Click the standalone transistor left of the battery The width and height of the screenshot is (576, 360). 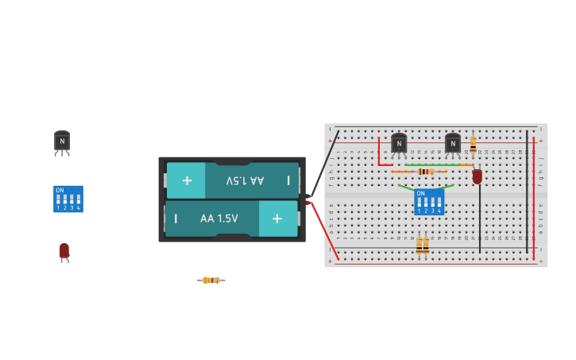click(62, 141)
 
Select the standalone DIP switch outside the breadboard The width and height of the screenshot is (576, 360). click(68, 199)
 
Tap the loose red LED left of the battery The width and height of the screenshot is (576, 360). click(64, 251)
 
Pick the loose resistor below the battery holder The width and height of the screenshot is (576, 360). click(211, 280)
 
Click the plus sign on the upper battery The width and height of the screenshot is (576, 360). click(187, 180)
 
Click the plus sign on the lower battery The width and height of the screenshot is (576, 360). click(276, 219)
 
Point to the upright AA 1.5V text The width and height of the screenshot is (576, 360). click(218, 219)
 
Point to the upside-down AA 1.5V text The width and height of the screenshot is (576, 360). click(245, 180)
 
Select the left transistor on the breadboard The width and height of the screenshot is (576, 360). click(399, 143)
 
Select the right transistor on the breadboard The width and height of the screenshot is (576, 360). click(453, 143)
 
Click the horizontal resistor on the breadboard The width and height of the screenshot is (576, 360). click(425, 172)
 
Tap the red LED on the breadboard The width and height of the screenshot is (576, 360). click(477, 176)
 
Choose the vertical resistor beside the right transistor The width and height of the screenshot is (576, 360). click(473, 145)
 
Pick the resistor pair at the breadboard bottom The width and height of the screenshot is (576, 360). click(423, 246)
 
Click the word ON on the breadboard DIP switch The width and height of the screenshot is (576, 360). click(420, 193)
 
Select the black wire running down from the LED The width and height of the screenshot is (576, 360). click(479, 219)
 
